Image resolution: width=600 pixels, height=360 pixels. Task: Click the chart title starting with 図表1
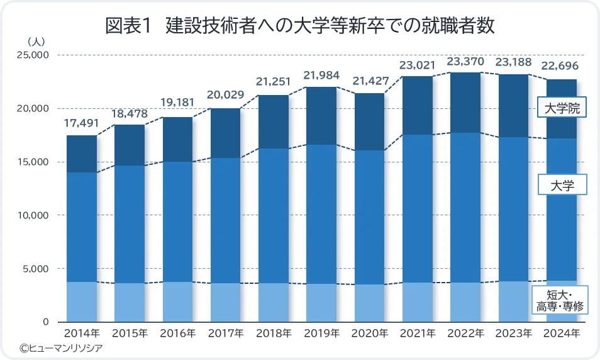pos(300,26)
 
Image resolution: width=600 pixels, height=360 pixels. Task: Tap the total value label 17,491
pos(82,125)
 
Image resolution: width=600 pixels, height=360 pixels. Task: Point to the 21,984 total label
pos(321,76)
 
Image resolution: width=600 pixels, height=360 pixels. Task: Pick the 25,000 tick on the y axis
pos(31,55)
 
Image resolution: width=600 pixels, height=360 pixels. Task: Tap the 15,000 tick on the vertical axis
pos(31,162)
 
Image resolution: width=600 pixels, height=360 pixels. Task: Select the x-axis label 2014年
pos(82,333)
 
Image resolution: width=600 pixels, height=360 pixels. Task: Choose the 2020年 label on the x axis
pos(370,333)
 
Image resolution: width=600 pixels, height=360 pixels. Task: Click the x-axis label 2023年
pos(514,333)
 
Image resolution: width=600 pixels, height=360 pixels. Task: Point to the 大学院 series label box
pos(562,109)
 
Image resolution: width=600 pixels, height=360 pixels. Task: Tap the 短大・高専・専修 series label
pos(562,301)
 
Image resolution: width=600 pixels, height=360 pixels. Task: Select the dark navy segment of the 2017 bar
pos(226,133)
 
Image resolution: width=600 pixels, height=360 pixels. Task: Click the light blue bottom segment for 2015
pos(130,302)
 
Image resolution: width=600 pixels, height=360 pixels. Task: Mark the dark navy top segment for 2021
pos(418,105)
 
